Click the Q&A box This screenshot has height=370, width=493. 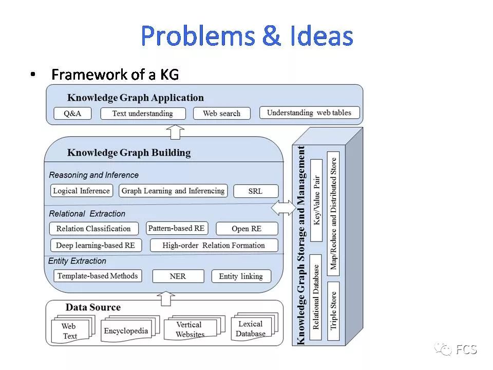[x=72, y=114]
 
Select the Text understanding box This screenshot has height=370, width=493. [x=142, y=114]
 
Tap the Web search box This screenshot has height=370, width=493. [x=221, y=114]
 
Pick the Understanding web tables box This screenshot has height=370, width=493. [x=309, y=113]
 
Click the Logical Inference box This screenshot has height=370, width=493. [x=82, y=191]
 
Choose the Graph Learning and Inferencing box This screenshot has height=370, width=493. [x=173, y=191]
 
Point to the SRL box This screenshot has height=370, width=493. [x=255, y=191]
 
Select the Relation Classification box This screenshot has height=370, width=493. [x=93, y=229]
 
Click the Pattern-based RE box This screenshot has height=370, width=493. [x=176, y=228]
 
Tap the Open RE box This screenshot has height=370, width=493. [x=247, y=229]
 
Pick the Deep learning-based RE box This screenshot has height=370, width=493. [x=96, y=245]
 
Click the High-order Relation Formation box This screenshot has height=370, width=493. [x=214, y=245]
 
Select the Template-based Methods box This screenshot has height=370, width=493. [x=98, y=276]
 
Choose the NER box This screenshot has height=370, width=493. [x=178, y=276]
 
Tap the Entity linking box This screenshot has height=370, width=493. [x=241, y=276]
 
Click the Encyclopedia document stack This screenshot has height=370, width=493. [x=126, y=331]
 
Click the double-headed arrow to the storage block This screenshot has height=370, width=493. [x=283, y=208]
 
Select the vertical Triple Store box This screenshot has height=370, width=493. [x=333, y=310]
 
